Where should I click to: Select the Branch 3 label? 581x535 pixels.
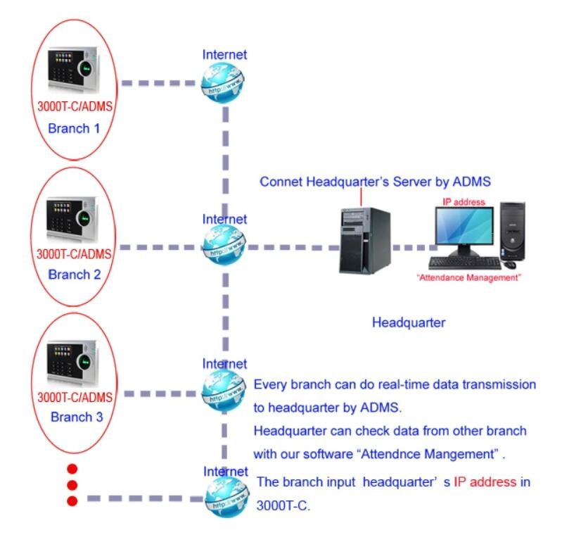click(x=77, y=417)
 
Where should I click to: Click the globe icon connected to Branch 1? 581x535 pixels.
click(x=224, y=83)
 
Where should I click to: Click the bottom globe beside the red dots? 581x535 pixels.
click(x=226, y=498)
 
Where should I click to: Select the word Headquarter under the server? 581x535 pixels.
click(x=409, y=322)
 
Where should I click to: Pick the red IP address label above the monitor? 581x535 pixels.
click(x=464, y=202)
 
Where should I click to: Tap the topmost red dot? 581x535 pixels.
click(x=72, y=468)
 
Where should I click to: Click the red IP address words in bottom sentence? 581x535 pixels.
click(x=485, y=482)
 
